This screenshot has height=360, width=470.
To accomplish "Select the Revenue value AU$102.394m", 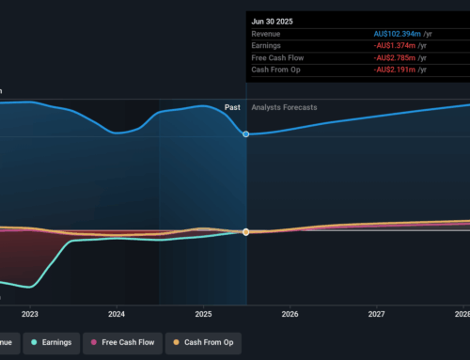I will coord(404,33).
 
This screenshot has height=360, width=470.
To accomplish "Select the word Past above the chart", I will coord(232,107).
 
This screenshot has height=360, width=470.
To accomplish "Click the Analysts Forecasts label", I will coord(285,107).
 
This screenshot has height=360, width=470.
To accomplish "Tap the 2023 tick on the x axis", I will coord(29,314).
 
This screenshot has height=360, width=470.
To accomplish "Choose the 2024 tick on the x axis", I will coord(117,314).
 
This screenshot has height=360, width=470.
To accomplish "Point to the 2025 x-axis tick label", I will coord(203,314).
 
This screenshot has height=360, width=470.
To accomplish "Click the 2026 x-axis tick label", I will coord(290,314).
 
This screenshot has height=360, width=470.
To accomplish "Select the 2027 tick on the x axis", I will coord(376,314).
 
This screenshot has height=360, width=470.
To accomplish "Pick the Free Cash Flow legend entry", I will coord(125,343).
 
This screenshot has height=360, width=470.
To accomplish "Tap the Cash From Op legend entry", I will coord(210,343).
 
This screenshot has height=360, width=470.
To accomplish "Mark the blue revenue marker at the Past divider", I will coord(246,134).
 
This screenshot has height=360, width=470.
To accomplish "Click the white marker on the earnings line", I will coord(246,231).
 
